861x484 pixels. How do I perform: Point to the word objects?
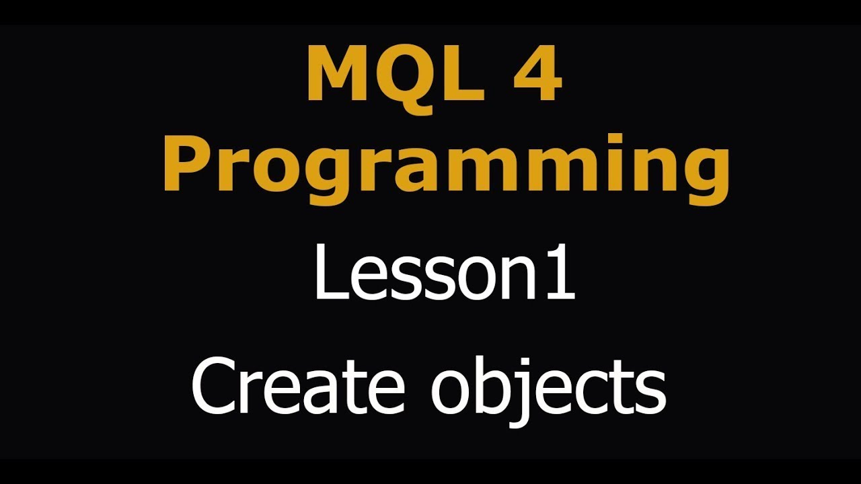point(548,389)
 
